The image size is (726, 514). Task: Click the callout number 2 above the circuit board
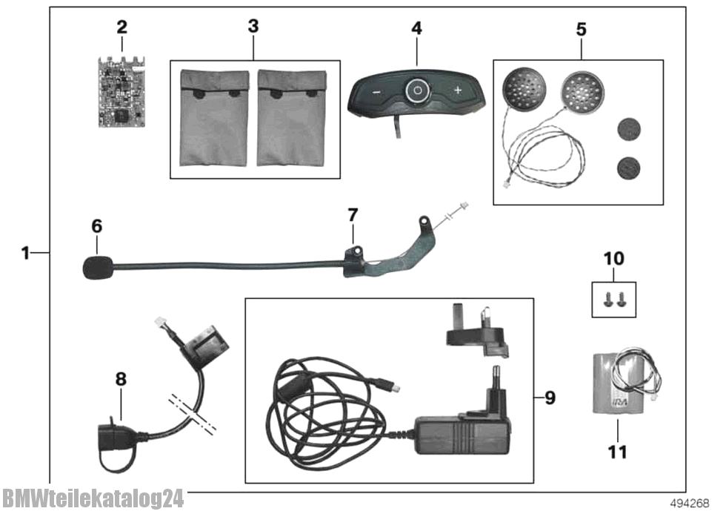121,28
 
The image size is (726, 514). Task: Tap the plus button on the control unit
458,90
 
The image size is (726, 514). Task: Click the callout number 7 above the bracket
353,216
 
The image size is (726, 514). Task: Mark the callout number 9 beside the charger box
550,398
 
